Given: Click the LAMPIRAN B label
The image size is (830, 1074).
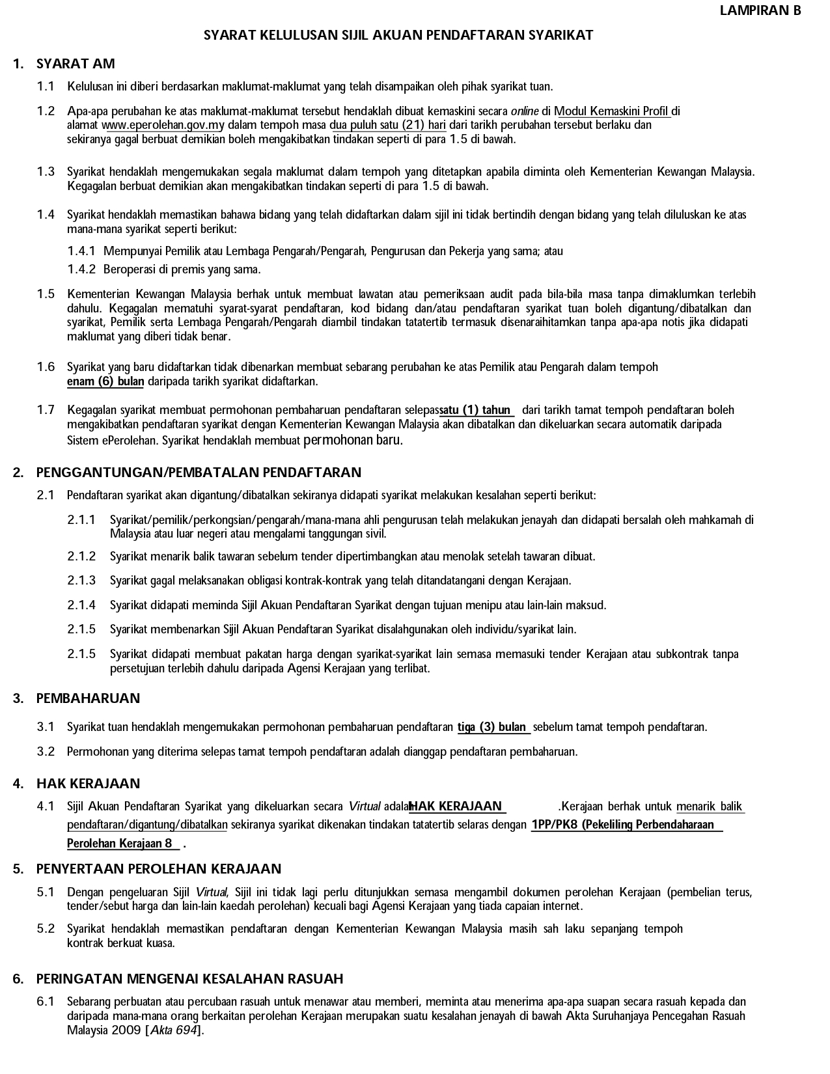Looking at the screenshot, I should point(760,10).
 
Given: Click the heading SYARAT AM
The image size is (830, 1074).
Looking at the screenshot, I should point(76,64).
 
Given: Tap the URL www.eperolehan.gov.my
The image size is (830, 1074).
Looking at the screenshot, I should point(163,125).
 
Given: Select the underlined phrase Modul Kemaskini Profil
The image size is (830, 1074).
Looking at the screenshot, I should point(612,111).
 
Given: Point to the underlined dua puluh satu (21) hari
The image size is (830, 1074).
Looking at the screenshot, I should point(388,125).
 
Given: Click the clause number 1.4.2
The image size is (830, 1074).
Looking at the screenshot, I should point(81,269).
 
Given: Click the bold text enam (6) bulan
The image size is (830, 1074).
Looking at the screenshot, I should point(105,381).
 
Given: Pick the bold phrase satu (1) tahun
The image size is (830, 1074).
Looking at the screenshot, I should point(477,410).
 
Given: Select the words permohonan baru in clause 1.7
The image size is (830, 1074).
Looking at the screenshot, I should point(353,440).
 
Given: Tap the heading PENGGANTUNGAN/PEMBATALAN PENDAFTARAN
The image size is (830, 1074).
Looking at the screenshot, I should point(199,473).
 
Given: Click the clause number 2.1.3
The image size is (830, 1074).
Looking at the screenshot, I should point(81,581).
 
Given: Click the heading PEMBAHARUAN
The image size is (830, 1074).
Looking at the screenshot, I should point(88,698).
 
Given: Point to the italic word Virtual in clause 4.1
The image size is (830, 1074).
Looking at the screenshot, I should point(365,807).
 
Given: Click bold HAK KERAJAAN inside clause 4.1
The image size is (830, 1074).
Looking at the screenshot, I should point(457,806).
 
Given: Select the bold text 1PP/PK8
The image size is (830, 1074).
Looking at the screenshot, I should point(555,825).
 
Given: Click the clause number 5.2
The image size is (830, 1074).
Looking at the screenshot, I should point(46,929).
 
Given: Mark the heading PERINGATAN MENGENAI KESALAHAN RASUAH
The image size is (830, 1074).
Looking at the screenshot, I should point(189,979).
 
